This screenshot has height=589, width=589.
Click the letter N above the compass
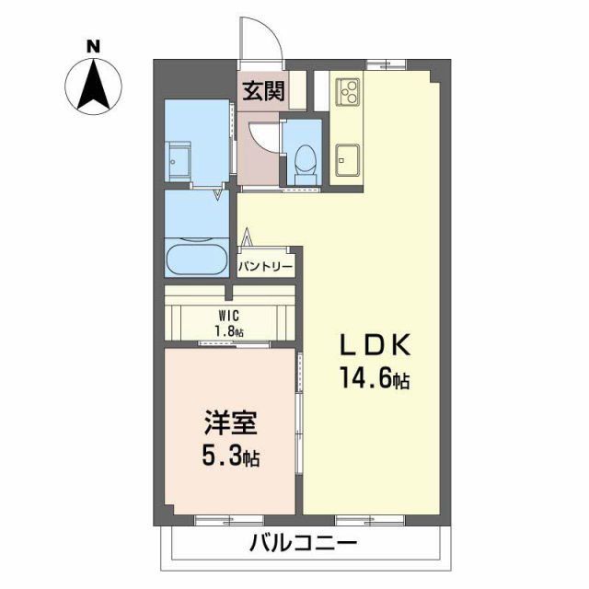pos(93,45)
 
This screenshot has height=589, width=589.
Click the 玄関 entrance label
pos(262,92)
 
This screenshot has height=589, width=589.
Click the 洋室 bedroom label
pos(230,427)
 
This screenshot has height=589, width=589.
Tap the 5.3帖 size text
pos(230,456)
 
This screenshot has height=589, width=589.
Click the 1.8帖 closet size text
pos(230,331)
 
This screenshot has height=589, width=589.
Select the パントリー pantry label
pos(267,267)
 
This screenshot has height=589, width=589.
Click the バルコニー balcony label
pos(304,544)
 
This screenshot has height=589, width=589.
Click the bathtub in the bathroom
pos(195,258)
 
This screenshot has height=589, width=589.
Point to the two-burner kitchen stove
pos(348,90)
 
